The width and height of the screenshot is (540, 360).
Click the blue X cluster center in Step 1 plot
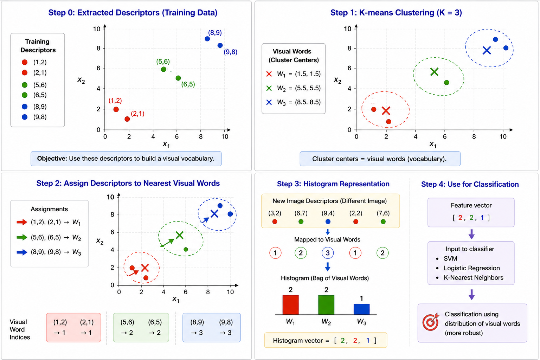tap(487, 50)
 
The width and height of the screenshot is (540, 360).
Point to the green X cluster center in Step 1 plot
tap(434, 72)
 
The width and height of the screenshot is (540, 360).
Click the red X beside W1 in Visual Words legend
tap(269, 74)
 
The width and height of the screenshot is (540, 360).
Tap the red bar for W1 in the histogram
tap(290, 305)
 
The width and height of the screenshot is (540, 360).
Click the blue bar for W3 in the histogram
tap(361, 309)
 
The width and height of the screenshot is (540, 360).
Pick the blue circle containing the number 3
tap(328, 253)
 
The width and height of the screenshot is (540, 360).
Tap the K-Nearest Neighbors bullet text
tap(474, 277)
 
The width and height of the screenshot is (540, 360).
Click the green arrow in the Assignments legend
tap(22, 237)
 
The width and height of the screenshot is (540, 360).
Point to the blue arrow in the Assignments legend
tap(22, 252)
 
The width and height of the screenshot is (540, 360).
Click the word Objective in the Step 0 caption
tap(52, 159)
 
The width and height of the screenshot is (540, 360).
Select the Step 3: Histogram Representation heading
tap(333, 184)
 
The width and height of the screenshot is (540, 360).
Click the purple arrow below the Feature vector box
tap(471, 234)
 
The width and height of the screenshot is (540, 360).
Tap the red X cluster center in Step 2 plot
tap(145, 268)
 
